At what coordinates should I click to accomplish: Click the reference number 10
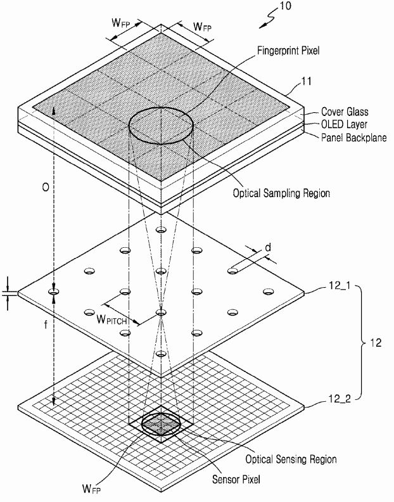point(286,6)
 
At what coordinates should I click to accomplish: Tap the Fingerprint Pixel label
point(288,50)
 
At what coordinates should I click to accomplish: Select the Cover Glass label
point(345,112)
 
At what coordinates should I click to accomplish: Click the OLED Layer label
point(344,124)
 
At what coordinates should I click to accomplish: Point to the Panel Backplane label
point(353,138)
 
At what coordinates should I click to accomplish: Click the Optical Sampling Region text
point(281,193)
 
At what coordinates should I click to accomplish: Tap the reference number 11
point(307,81)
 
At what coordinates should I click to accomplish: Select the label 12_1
point(340,285)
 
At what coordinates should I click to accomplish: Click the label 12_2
point(340,399)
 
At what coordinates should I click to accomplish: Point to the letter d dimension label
point(268,247)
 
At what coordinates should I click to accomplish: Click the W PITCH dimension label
point(111,319)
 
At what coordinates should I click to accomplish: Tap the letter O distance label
point(46,188)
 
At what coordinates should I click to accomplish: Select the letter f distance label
point(46,325)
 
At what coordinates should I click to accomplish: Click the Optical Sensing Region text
point(291,460)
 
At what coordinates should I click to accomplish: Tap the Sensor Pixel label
point(236,479)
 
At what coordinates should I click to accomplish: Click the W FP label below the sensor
point(92,489)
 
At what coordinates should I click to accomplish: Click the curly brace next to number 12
point(360,343)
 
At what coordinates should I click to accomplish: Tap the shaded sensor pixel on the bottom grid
point(161,424)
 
